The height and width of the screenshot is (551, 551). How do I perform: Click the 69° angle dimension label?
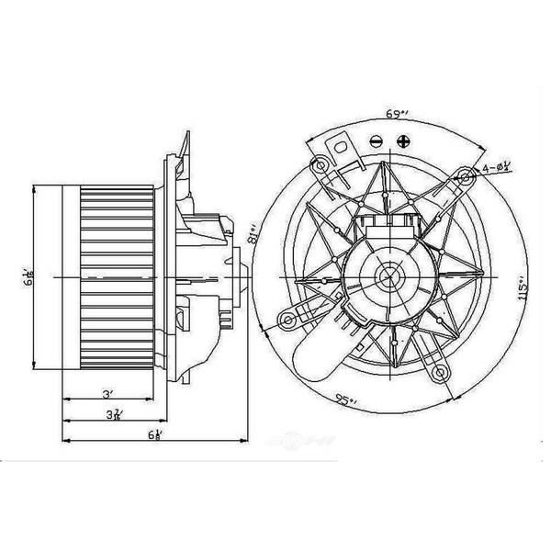pyautogui.click(x=397, y=114)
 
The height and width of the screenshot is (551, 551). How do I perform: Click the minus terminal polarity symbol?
pyautogui.click(x=376, y=142)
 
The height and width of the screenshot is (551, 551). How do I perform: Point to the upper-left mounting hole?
pyautogui.click(x=320, y=165)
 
